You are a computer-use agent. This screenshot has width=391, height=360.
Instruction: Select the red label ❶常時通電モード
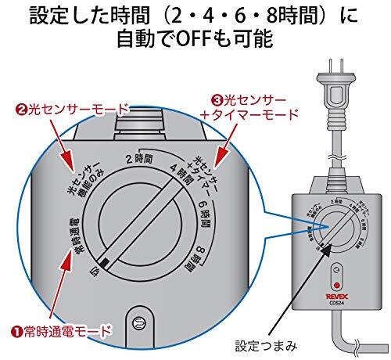point(56,329)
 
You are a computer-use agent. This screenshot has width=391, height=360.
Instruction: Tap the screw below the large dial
point(141,321)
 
